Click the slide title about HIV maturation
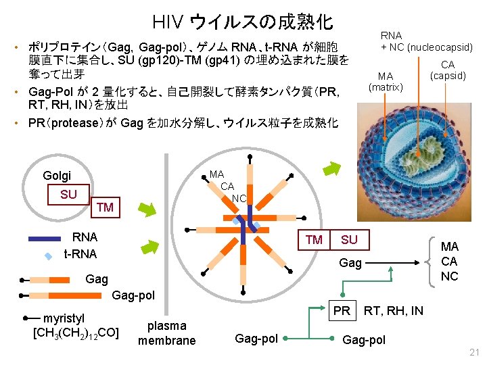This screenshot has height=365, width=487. pyautogui.click(x=243, y=22)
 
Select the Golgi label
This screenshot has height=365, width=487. pyautogui.click(x=57, y=176)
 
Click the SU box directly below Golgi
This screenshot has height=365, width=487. pyautogui.click(x=68, y=195)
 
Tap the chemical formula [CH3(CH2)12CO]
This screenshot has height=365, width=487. pyautogui.click(x=76, y=332)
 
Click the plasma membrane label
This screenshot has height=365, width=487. pyautogui.click(x=166, y=333)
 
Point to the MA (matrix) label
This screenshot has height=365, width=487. pyautogui.click(x=386, y=81)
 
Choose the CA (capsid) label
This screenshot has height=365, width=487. pyautogui.click(x=448, y=70)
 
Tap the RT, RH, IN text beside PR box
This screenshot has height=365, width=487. pyautogui.click(x=394, y=311)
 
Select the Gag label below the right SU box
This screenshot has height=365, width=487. pyautogui.click(x=350, y=264)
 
